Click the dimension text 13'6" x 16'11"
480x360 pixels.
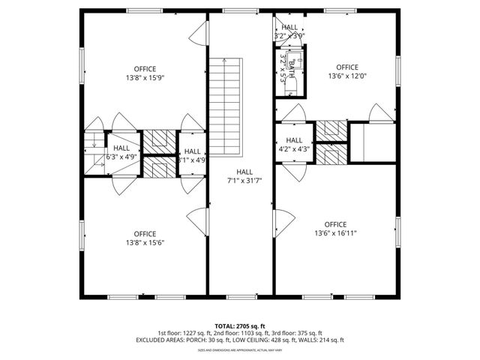click(x=335, y=233)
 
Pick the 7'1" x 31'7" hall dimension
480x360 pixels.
click(x=244, y=180)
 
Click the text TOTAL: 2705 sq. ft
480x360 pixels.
click(x=240, y=326)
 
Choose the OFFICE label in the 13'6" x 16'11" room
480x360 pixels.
click(x=335, y=224)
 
